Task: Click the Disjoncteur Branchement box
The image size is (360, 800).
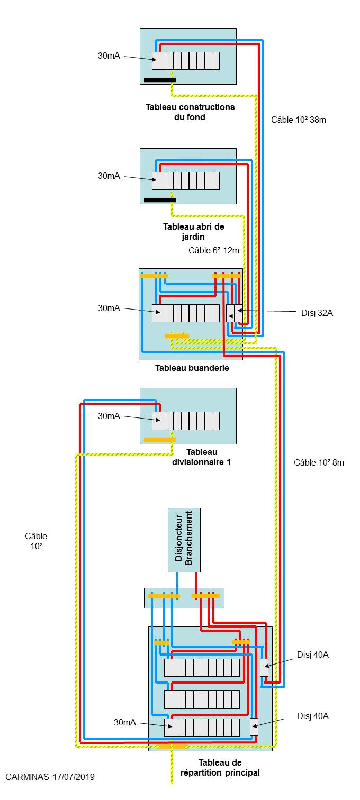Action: pyautogui.click(x=184, y=540)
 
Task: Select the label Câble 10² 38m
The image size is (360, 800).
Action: pyautogui.click(x=299, y=120)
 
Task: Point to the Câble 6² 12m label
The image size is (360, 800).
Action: pyautogui.click(x=214, y=250)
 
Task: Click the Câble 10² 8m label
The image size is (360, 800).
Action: pyautogui.click(x=319, y=462)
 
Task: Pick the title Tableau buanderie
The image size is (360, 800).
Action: pyautogui.click(x=192, y=368)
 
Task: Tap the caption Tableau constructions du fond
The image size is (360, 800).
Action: pyautogui.click(x=190, y=112)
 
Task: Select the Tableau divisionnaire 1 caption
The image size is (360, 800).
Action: pyautogui.click(x=202, y=457)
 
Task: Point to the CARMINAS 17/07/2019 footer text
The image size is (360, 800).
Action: pyautogui.click(x=50, y=777)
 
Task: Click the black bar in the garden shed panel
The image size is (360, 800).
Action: pyautogui.click(x=160, y=200)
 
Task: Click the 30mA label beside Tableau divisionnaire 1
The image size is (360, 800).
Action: pyautogui.click(x=109, y=416)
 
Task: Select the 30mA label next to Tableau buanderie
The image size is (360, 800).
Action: pyautogui.click(x=109, y=308)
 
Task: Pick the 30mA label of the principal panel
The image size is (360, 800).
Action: pyautogui.click(x=125, y=722)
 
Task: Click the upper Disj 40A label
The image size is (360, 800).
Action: pyautogui.click(x=313, y=654)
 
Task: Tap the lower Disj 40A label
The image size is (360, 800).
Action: pyautogui.click(x=313, y=716)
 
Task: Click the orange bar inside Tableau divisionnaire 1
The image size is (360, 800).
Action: pyautogui.click(x=160, y=439)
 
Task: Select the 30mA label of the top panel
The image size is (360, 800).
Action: pyautogui.click(x=109, y=56)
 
